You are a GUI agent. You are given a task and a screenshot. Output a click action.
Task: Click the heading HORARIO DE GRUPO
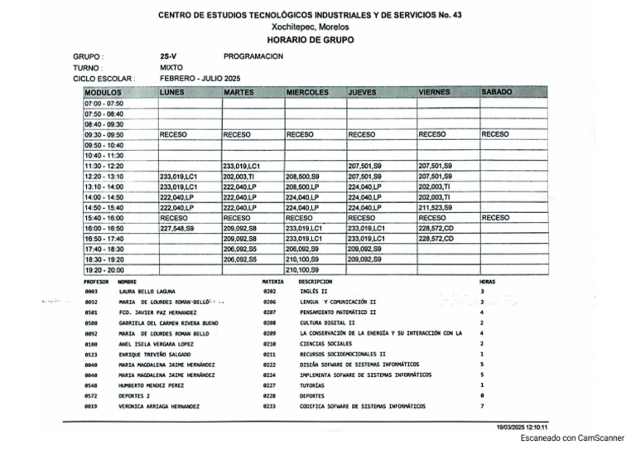coord(310,40)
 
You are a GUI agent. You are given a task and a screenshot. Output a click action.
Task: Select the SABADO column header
coord(497,91)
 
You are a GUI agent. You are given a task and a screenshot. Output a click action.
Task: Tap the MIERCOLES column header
coord(307,91)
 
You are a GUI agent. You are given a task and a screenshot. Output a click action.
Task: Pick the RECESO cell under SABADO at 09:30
coord(495,133)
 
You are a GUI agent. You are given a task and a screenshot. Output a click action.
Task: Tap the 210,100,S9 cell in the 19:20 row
coord(302,269)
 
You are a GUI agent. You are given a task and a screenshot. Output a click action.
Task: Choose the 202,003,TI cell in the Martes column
coord(239,177)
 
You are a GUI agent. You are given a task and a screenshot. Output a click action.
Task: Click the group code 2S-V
coord(168,56)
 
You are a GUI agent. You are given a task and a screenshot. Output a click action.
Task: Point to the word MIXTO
coord(171,67)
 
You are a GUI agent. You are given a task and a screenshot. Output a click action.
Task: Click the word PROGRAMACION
coord(253,56)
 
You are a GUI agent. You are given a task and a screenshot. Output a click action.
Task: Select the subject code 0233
coord(269,406)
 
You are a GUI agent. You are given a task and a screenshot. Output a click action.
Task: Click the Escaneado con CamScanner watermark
coord(572,438)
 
